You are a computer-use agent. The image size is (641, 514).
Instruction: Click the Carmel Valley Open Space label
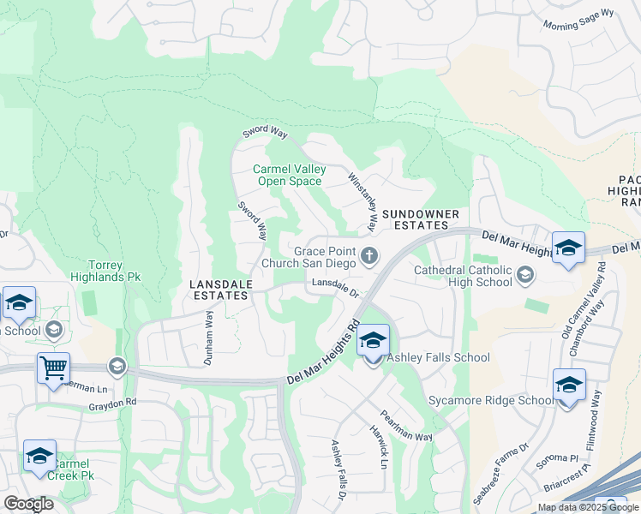tap(290, 175)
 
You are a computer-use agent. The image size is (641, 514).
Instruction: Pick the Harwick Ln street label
tap(378, 446)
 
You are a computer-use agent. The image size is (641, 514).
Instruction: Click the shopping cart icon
tap(53, 368)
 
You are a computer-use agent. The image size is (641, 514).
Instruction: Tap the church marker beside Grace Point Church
tap(370, 255)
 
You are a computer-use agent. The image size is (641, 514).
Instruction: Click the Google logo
tap(28, 504)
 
